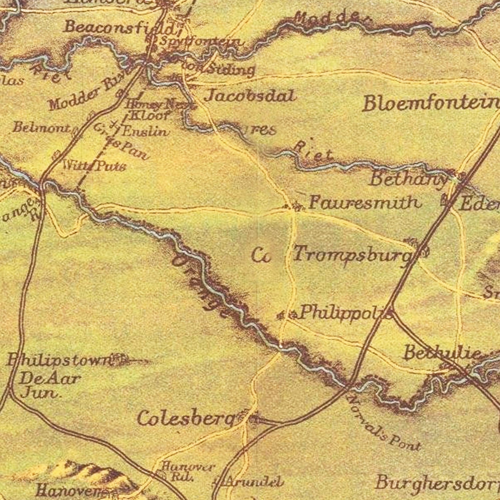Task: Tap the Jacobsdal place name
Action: tap(250, 96)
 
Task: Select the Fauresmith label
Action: tap(364, 203)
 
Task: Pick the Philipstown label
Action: tap(58, 360)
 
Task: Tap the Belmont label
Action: tap(42, 127)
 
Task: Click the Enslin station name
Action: tap(145, 131)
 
